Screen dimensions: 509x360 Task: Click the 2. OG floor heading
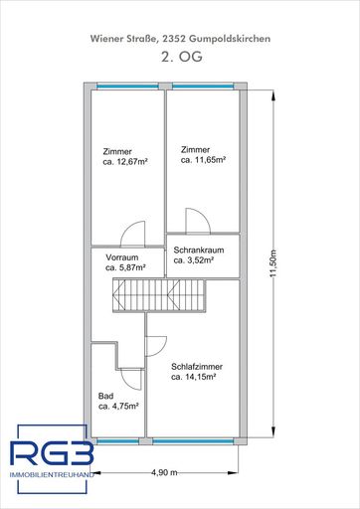click(x=179, y=60)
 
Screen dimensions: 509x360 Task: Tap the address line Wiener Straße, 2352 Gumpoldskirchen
click(x=179, y=37)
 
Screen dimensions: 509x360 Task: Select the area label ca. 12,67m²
click(x=125, y=164)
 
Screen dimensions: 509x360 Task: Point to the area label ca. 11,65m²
click(x=204, y=159)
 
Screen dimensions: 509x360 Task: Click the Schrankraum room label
click(x=194, y=250)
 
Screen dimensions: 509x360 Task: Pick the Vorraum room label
click(x=121, y=256)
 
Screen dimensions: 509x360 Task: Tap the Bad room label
click(x=106, y=396)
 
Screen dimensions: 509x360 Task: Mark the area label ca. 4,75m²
click(x=118, y=407)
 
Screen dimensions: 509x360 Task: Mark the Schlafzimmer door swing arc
click(x=155, y=345)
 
